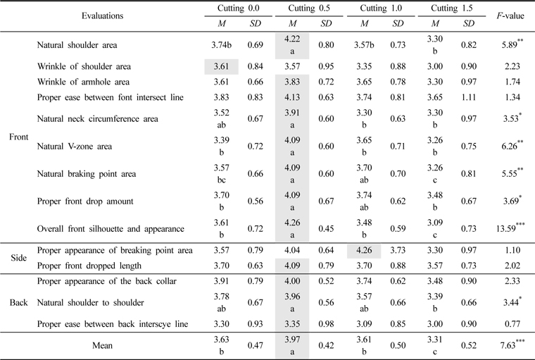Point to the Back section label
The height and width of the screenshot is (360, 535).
pyautogui.click(x=18, y=303)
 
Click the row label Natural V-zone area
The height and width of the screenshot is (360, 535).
pyautogui.click(x=73, y=147)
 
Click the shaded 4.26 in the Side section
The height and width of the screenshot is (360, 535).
pyautogui.click(x=363, y=250)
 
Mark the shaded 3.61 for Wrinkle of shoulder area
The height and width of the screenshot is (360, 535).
pyautogui.click(x=220, y=67)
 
